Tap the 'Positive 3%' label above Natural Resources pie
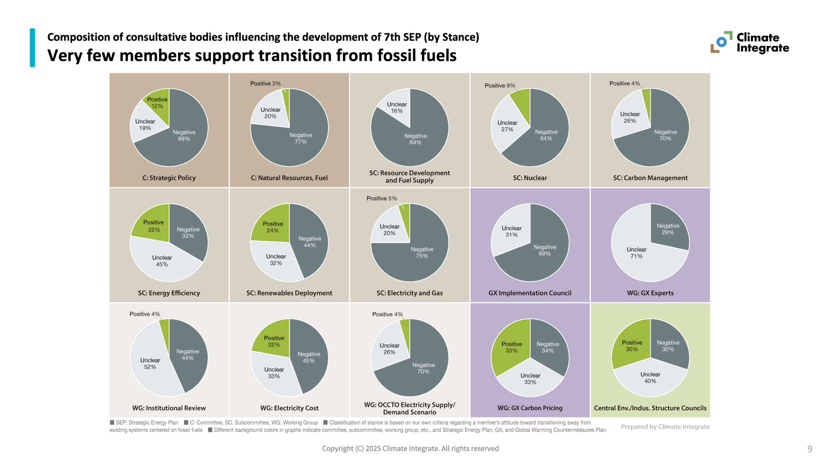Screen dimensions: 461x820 (x=265, y=84)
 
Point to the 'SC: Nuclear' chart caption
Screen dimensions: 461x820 (x=530, y=178)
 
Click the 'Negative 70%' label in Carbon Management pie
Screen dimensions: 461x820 (x=665, y=135)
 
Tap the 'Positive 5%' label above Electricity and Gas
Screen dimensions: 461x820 (x=381, y=198)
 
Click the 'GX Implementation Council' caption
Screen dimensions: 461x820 (x=530, y=293)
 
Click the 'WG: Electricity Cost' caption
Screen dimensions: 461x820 (x=289, y=408)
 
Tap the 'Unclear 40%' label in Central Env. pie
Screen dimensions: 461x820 (x=650, y=378)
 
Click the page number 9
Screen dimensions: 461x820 (x=809, y=449)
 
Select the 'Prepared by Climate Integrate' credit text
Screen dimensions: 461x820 (x=665, y=427)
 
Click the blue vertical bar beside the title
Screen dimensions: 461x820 (x=32, y=48)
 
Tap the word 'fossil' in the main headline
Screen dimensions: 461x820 (x=397, y=55)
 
